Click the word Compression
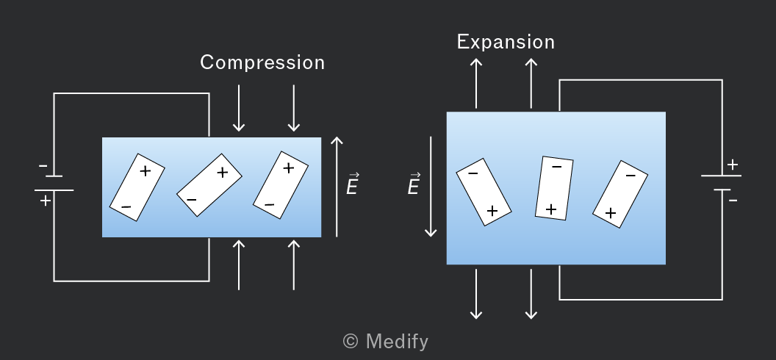pyautogui.click(x=262, y=62)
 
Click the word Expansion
pyautogui.click(x=506, y=42)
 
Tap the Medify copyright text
pyautogui.click(x=386, y=341)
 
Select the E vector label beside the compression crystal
pyautogui.click(x=353, y=184)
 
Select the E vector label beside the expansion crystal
pyautogui.click(x=414, y=184)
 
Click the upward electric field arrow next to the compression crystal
pyautogui.click(x=337, y=187)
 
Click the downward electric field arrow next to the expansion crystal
pyautogui.click(x=431, y=187)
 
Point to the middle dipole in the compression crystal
pyautogui.click(x=209, y=185)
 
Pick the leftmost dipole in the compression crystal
pyautogui.click(x=137, y=187)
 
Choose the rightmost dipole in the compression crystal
pyautogui.click(x=281, y=185)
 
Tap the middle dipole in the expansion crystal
pyautogui.click(x=554, y=188)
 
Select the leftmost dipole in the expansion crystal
pyautogui.click(x=484, y=192)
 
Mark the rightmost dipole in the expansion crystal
pyautogui.click(x=620, y=195)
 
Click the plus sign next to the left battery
pyautogui.click(x=46, y=201)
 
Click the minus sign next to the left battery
pyautogui.click(x=43, y=166)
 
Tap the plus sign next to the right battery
pyautogui.click(x=733, y=164)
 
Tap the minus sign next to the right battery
pyautogui.click(x=733, y=201)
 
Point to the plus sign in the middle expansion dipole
pyautogui.click(x=551, y=209)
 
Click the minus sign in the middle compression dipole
pyautogui.click(x=192, y=200)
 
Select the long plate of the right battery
pyautogui.click(x=721, y=176)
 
